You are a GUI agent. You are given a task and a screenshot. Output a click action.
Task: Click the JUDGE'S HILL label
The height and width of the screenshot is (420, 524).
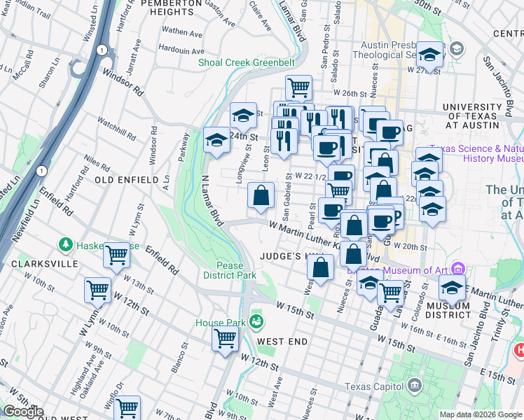287,257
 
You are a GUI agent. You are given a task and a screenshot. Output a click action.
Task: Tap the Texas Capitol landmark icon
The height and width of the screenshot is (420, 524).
414,385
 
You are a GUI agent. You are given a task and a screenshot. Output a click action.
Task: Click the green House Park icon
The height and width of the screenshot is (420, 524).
256,322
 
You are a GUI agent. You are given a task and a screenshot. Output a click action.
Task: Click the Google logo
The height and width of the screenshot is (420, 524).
22,412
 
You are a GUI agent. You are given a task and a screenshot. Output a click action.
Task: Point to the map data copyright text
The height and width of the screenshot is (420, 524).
481,414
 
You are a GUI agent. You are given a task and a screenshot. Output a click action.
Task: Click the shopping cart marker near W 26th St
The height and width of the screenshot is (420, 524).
298,87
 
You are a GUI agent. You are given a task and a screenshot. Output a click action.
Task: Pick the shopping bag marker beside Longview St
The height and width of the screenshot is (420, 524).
261,195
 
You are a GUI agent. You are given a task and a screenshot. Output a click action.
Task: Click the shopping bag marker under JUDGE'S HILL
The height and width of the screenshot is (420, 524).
320,267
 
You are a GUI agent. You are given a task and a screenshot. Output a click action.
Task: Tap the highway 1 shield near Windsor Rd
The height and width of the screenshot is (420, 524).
103,50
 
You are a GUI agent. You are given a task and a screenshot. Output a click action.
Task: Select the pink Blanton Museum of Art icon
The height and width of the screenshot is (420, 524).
459,269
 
